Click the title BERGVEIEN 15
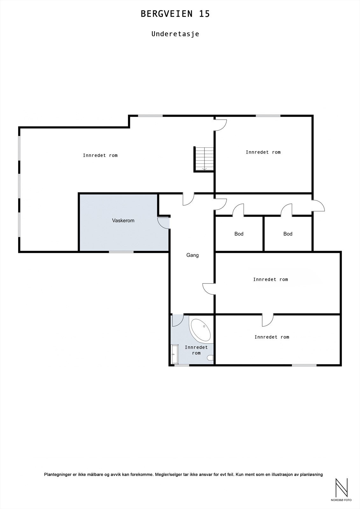pyautogui.click(x=175, y=14)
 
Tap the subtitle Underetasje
pyautogui.click(x=175, y=34)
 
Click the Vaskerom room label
pyautogui.click(x=123, y=220)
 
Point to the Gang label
pyautogui.click(x=193, y=255)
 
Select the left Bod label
pyautogui.click(x=239, y=234)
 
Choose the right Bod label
pyautogui.click(x=288, y=234)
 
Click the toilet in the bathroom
pyautogui.click(x=210, y=358)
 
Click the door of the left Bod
pyautogui.click(x=238, y=210)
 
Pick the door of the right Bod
pyautogui.click(x=287, y=210)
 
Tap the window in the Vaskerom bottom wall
pyautogui.click(x=121, y=252)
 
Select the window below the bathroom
pyautogui.click(x=182, y=365)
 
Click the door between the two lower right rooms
pyautogui.click(x=268, y=320)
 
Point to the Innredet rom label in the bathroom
pyautogui.click(x=196, y=350)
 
